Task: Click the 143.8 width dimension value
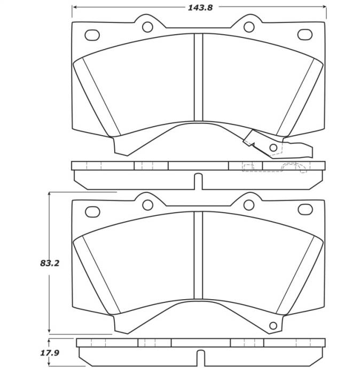[199, 7]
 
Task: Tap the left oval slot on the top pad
[92, 35]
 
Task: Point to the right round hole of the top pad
[248, 27]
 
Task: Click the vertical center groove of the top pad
[199, 78]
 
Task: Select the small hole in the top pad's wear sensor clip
[273, 147]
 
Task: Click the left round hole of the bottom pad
[148, 204]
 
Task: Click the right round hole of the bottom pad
[248, 204]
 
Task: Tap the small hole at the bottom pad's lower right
[273, 324]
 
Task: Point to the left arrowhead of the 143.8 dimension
[75, 7]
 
